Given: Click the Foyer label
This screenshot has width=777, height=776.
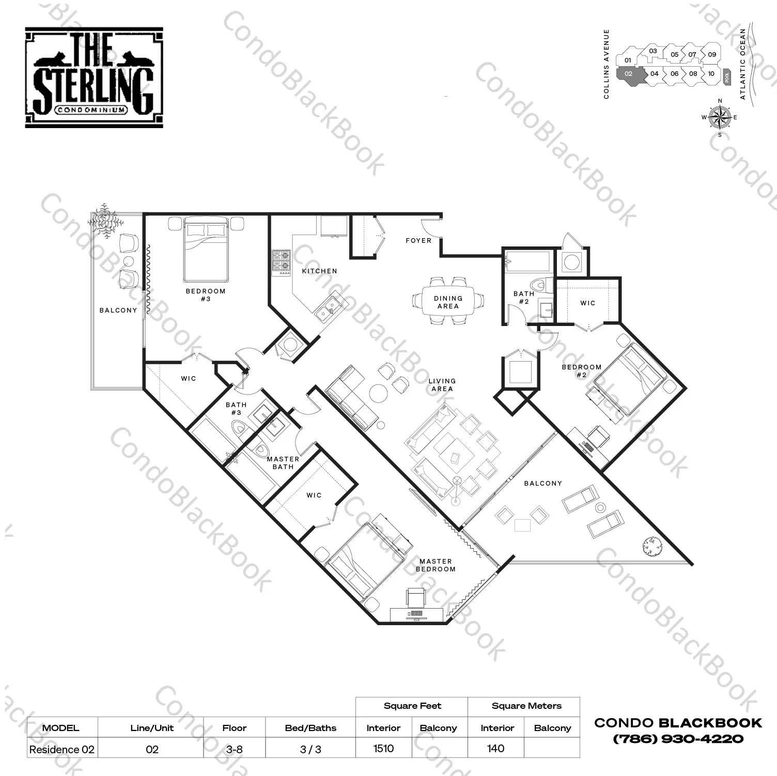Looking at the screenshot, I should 418,240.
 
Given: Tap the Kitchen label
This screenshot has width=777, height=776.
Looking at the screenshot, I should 319,271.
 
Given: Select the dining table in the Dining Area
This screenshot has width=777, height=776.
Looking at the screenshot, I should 448,302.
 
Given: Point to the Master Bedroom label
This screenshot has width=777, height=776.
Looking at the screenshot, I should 436,565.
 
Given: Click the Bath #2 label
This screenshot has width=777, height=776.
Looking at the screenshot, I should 524,298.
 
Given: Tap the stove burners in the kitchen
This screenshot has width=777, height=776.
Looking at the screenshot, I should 281,261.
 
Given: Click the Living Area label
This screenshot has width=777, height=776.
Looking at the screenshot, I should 442,385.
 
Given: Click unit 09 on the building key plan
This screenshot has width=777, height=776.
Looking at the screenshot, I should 712,54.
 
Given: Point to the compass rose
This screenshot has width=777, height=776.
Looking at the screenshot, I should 719,118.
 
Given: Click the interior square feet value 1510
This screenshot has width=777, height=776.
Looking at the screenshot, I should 383,749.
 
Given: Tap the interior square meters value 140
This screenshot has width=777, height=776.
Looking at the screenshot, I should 495,749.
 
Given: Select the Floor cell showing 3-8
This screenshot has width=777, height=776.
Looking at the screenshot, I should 234,749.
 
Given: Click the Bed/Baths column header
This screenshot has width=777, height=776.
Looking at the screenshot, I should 310,728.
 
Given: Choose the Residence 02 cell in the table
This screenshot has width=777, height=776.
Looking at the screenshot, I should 62,750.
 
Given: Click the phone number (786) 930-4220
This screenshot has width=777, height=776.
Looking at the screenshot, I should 678,739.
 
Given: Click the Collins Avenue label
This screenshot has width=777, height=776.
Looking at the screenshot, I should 607,64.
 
